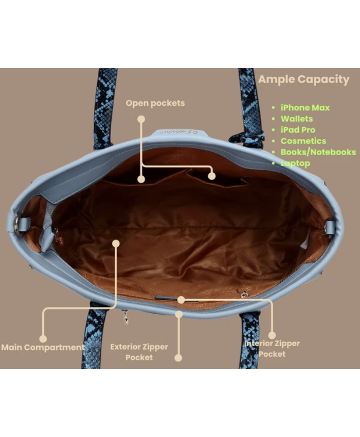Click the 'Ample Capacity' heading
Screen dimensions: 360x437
303,80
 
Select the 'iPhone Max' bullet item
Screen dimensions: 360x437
305,107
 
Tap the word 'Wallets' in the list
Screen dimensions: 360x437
297,119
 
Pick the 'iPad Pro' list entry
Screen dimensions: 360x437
298,130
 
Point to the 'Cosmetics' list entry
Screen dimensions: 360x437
303,141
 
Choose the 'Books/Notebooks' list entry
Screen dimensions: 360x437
318,152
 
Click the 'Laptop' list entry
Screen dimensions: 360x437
295,163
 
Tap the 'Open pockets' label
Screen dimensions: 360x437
155,103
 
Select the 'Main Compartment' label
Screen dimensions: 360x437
43,348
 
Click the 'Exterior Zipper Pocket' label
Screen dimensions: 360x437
139,352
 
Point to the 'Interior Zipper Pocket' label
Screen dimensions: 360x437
272,349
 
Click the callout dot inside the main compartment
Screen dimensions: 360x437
116,244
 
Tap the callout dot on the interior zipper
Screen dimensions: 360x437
181,300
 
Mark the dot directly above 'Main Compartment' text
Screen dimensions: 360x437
43,339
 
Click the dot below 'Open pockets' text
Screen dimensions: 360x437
141,119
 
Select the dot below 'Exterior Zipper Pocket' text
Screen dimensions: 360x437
178,358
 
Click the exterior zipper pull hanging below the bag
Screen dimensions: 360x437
126,318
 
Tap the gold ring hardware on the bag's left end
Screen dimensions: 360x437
17,223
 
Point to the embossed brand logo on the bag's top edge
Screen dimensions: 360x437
181,131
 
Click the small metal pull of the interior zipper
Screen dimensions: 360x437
245,294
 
